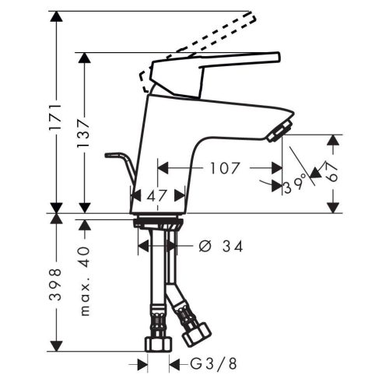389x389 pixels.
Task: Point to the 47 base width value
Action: [x=158, y=196]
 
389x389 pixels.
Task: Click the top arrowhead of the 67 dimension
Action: [x=334, y=140]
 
